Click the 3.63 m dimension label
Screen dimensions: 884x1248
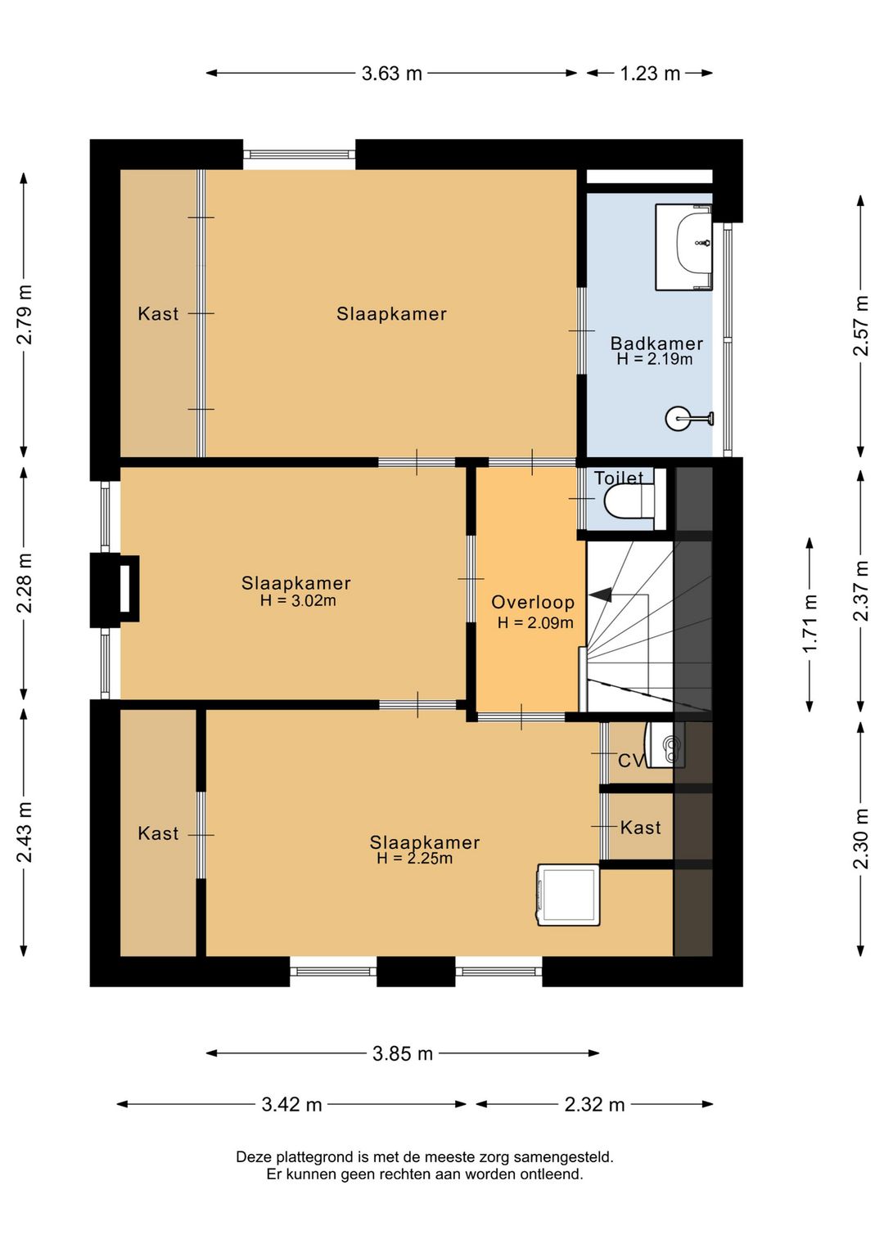[x=391, y=74]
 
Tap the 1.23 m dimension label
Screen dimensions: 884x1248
[x=650, y=74]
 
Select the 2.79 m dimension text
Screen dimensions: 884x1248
[x=25, y=314]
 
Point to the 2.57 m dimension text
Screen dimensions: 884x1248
[x=861, y=326]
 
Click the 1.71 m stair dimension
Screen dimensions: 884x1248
[x=810, y=623]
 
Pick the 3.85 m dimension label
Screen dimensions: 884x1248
[x=403, y=1054]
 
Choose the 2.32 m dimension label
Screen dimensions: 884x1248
[x=594, y=1105]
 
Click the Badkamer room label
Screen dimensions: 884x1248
[x=656, y=343]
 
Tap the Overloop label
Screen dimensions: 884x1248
[x=533, y=602]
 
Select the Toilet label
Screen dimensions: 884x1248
[x=619, y=478]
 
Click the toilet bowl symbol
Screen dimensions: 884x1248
[x=629, y=500]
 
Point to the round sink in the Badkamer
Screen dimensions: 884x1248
[x=689, y=418]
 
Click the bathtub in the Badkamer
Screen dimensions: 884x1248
[x=683, y=247]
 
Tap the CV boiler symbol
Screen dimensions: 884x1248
[x=665, y=745]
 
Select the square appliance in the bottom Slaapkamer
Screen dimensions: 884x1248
[x=568, y=896]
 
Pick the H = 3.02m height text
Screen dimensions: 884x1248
[x=298, y=600]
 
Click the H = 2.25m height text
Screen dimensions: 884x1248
[x=414, y=858]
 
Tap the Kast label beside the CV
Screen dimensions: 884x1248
[x=640, y=828]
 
